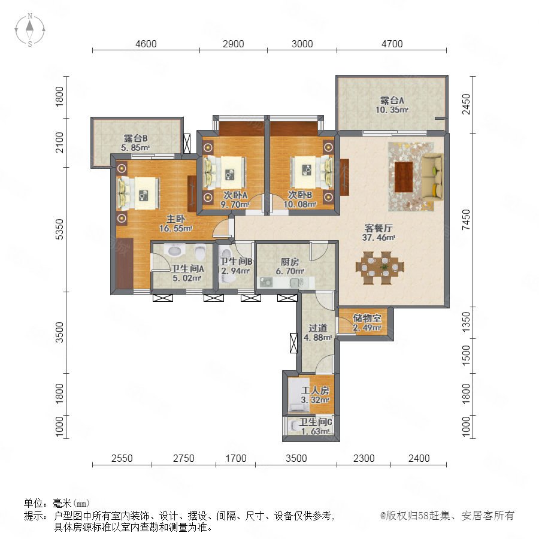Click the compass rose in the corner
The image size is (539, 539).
(30, 29)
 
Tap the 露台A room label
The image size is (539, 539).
(392, 101)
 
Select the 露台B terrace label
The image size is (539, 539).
(136, 138)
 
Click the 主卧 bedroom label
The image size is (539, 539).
(175, 219)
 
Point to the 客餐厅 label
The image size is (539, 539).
(378, 228)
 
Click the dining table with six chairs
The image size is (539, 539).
(380, 268)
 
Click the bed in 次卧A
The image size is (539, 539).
(226, 172)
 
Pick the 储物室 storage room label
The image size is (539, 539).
(367, 318)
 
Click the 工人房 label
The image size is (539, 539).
(315, 390)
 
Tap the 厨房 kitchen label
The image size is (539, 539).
(290, 262)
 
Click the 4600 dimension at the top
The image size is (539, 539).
(146, 44)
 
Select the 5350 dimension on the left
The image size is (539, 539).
(59, 229)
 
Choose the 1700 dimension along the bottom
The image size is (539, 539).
(236, 458)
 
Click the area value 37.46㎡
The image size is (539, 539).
(378, 238)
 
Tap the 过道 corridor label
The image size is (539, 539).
(317, 328)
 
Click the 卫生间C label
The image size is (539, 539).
(315, 422)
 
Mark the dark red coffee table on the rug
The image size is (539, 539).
(404, 177)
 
